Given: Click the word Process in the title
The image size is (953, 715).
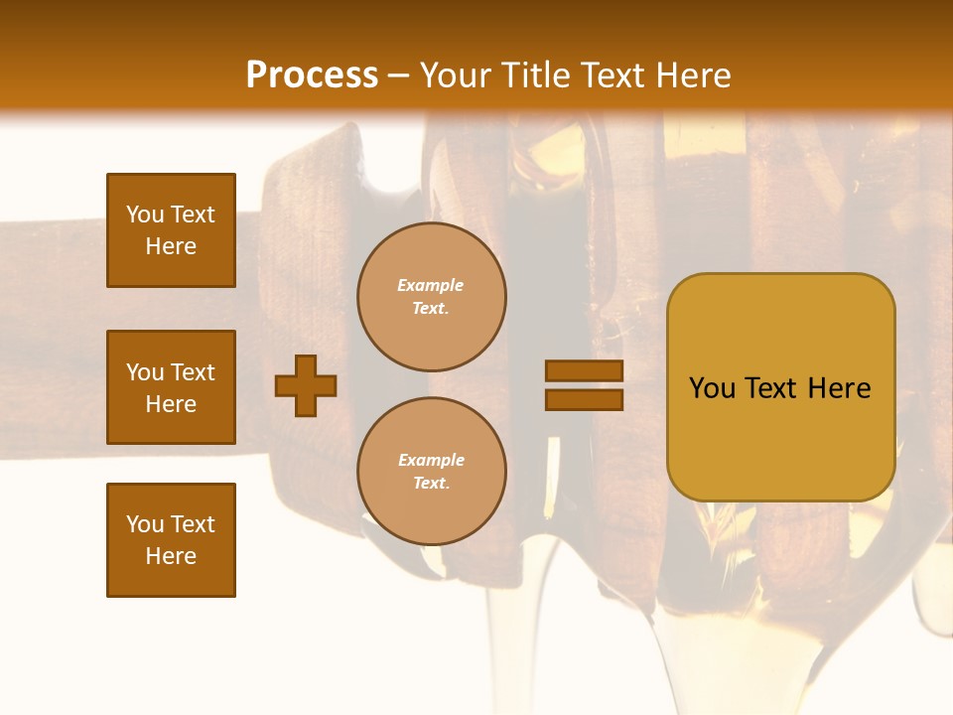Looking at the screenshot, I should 312,75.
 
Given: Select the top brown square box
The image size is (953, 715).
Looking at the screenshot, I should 171,230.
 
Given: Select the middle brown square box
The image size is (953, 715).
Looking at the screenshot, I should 171,387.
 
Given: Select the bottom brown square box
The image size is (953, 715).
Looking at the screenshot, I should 171,539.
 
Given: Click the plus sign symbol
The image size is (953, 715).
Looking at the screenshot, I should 306,385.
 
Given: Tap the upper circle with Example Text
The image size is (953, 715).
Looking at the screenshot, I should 431,297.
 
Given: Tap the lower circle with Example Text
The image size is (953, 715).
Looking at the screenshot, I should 431,472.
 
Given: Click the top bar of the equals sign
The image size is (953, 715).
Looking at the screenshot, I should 584,371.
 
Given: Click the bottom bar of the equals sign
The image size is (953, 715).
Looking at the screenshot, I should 584,399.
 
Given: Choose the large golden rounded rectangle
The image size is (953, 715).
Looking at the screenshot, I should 780,386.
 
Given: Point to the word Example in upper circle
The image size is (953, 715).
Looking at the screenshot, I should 430,285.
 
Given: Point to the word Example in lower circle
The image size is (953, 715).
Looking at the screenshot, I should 431,460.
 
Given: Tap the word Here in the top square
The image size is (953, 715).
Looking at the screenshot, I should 171,246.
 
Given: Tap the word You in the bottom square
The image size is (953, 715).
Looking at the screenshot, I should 144,524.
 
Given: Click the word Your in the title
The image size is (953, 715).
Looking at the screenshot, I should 456,75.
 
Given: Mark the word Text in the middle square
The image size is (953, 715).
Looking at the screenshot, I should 192,372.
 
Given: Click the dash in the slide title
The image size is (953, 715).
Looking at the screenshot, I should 398,75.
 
